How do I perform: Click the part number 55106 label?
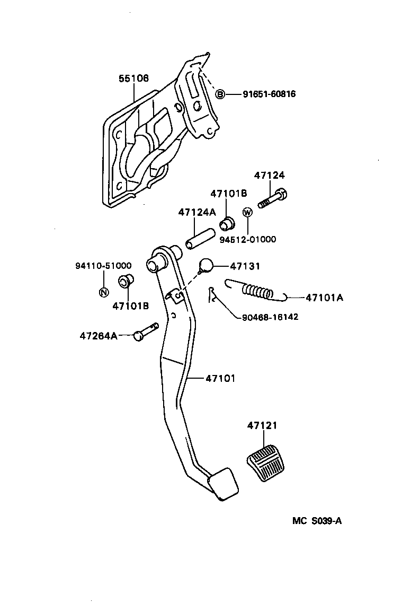[133, 78]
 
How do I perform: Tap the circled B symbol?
[220, 94]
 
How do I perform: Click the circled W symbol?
[247, 212]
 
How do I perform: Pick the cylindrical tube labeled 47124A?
[199, 238]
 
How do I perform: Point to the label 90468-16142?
[270, 317]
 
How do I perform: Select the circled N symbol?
[104, 292]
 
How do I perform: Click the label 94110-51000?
[103, 266]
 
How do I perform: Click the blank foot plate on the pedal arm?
[223, 484]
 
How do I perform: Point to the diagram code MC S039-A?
[317, 520]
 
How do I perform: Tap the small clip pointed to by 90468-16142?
[213, 294]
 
